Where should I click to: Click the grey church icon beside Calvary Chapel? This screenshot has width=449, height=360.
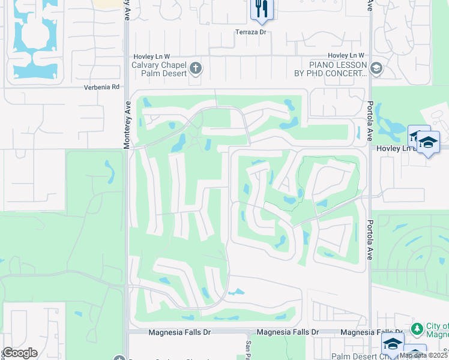click(x=196, y=69)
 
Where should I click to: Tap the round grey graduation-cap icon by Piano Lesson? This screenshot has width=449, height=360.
click(x=376, y=69)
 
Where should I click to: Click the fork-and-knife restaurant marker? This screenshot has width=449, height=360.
click(x=262, y=8)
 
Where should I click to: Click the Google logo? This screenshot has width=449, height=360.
click(x=20, y=353)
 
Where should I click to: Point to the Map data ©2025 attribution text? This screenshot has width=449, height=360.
click(x=423, y=355)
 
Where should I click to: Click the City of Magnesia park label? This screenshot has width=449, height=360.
click(x=437, y=331)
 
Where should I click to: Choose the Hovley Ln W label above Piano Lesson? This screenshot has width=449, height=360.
click(x=345, y=55)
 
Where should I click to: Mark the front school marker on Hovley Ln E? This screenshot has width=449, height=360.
click(x=429, y=143)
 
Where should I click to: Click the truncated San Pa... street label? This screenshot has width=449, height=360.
click(x=248, y=348)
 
